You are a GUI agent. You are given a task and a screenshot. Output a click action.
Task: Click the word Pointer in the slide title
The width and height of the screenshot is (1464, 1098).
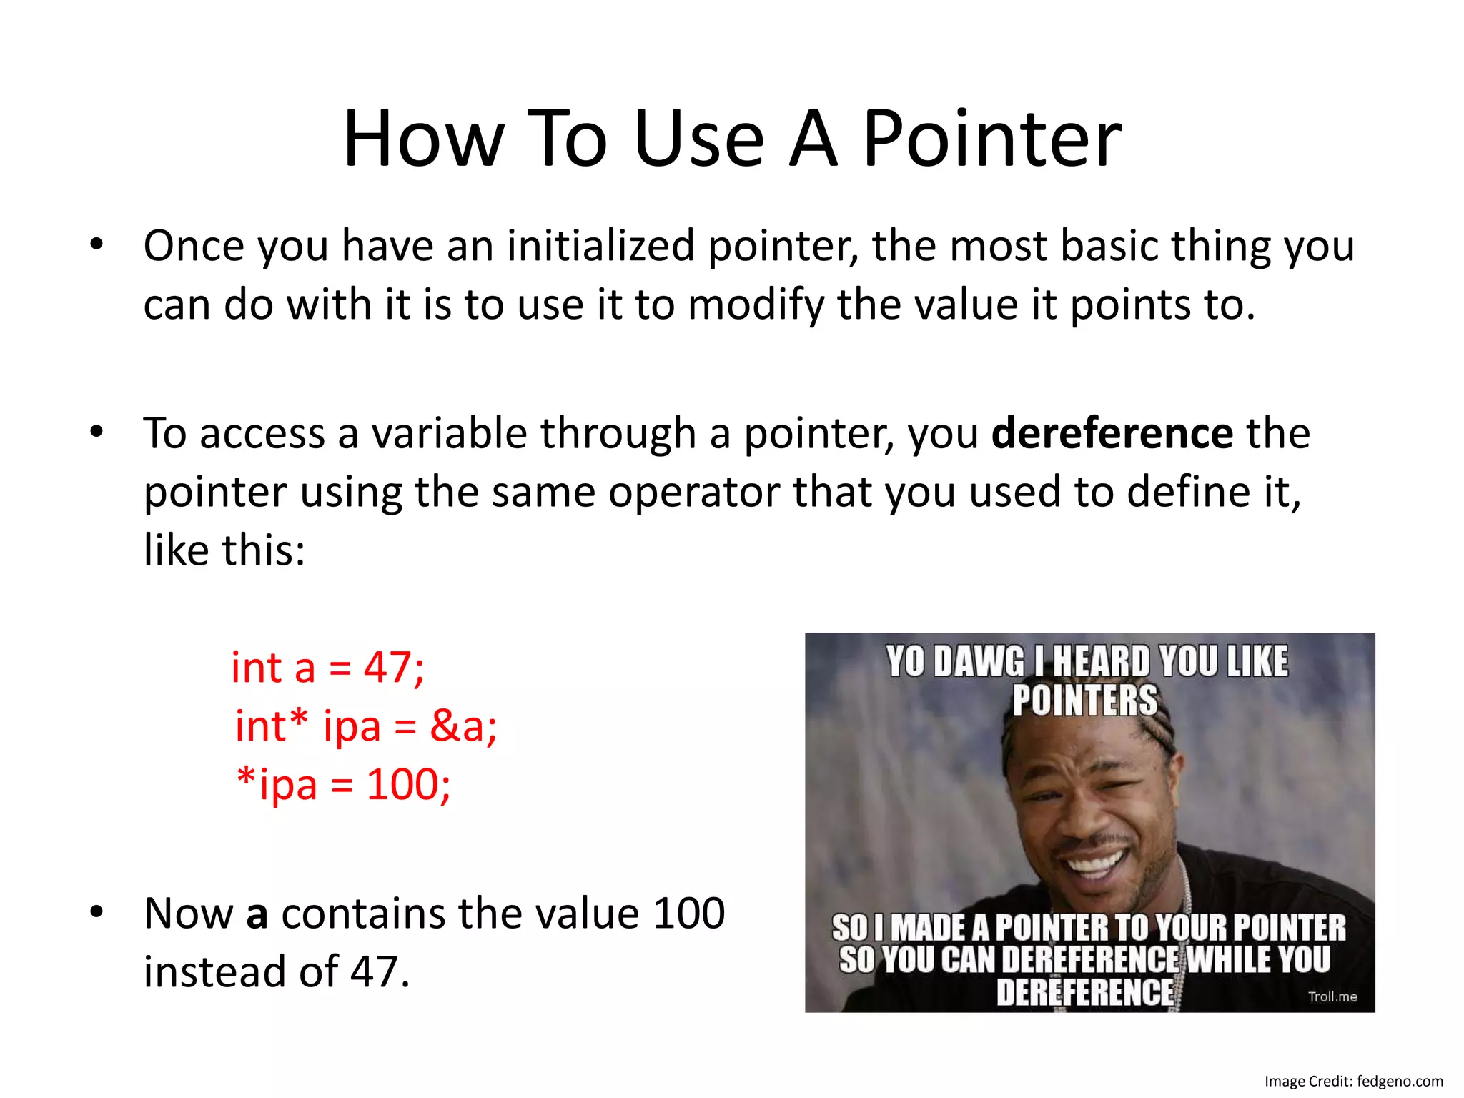pos(992,139)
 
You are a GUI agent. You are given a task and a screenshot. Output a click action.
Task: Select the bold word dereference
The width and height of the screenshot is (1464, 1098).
pos(1112,433)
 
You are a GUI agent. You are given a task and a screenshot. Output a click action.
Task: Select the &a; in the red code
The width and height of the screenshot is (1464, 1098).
pos(463,726)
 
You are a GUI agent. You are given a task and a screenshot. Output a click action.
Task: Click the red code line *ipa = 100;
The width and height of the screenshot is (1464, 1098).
pos(343,785)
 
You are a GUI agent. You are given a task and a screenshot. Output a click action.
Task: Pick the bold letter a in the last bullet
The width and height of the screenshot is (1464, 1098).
pos(257,914)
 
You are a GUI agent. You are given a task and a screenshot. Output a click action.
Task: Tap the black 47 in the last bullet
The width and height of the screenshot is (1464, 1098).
pos(373,972)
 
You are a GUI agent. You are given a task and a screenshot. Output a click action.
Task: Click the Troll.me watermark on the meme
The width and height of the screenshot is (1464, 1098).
pos(1332,996)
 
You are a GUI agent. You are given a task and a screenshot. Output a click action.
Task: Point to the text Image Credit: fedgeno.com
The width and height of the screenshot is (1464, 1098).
pos(1353,1082)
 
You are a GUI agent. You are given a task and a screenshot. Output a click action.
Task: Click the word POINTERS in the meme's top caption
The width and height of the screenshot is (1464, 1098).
pos(1084,700)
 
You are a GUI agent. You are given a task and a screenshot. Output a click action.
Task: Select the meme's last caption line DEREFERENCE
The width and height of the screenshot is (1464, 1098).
pos(1084,992)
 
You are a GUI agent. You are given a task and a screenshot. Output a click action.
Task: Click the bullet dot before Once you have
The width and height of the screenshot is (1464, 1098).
pos(97,245)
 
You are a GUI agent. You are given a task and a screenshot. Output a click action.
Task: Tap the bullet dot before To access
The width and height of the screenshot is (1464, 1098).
pos(97,432)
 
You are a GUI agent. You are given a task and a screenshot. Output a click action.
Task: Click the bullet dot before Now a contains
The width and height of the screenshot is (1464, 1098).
pos(97,913)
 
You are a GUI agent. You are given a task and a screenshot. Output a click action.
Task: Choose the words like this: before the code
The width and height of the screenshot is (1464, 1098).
pos(224,550)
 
